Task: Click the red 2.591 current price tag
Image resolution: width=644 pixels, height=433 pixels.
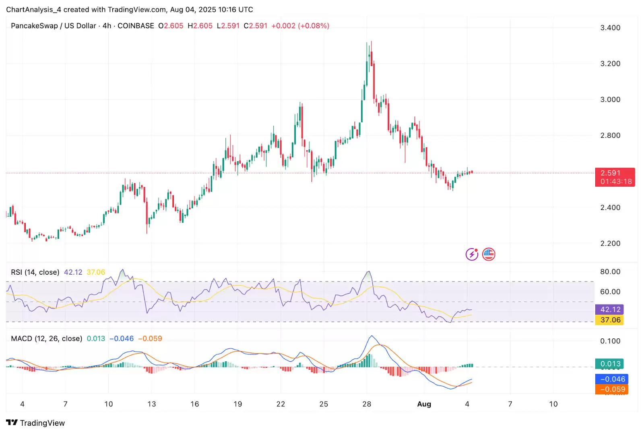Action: (x=615, y=177)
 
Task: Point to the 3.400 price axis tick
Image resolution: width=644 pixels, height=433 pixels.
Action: (x=610, y=28)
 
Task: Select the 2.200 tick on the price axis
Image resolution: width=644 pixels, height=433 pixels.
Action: (x=610, y=243)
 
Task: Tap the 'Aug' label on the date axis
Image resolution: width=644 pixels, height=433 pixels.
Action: (x=424, y=404)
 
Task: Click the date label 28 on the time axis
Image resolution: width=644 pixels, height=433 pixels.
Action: (x=367, y=404)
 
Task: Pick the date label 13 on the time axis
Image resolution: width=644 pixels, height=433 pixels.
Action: (x=151, y=404)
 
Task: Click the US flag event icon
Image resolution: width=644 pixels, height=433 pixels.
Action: (x=489, y=254)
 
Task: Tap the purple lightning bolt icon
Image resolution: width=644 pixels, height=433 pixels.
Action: (x=472, y=254)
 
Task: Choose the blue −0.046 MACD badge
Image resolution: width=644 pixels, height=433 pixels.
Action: (x=611, y=379)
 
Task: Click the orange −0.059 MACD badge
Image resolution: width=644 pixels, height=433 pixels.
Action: (x=611, y=389)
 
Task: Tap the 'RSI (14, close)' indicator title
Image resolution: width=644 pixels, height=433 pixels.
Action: (x=35, y=272)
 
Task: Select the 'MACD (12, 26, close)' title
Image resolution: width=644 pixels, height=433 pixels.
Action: (x=46, y=339)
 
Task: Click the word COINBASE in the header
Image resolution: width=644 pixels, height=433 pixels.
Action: (x=136, y=26)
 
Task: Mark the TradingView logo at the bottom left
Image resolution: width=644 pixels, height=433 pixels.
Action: (x=35, y=423)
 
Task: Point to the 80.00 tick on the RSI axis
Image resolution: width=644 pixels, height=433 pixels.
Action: (x=610, y=271)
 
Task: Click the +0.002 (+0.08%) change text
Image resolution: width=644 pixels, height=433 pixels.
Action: (x=300, y=26)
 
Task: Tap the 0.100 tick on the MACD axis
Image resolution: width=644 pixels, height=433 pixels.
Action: (x=610, y=341)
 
